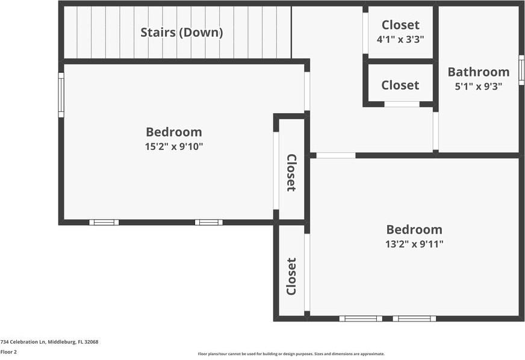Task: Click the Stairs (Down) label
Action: (x=181, y=33)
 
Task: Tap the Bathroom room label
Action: (x=479, y=72)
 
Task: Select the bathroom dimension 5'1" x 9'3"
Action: (x=478, y=86)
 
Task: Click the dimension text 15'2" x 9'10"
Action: (x=174, y=146)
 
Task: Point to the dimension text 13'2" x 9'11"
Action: (x=414, y=244)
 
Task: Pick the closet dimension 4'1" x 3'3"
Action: (x=400, y=39)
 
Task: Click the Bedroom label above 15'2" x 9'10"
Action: (x=174, y=132)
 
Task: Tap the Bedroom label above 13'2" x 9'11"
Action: (x=414, y=229)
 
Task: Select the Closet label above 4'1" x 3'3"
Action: (x=400, y=25)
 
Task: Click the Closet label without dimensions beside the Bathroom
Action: (x=400, y=85)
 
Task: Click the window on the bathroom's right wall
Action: (x=521, y=70)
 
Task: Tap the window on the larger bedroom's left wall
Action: (x=61, y=95)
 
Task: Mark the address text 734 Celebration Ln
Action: (x=49, y=342)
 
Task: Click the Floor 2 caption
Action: (x=8, y=352)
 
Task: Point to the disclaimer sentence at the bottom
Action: (x=291, y=354)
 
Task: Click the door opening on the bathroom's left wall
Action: (x=435, y=131)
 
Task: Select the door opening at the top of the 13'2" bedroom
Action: (x=336, y=155)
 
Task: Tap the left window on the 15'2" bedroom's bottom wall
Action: (x=104, y=222)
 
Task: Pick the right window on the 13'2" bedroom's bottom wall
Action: (x=414, y=318)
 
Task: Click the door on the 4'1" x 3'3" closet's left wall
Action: (x=365, y=33)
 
